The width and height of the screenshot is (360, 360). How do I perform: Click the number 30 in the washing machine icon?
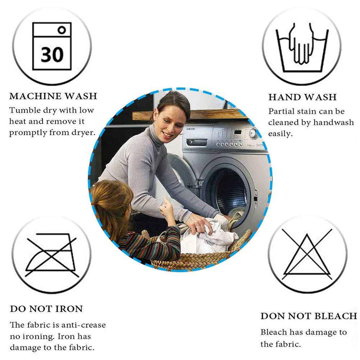[x=52, y=54]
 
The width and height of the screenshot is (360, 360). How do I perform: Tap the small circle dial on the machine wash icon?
[x=62, y=30]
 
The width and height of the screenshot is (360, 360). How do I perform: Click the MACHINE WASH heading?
[x=53, y=96]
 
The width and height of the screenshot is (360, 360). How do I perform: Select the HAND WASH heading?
[x=302, y=97]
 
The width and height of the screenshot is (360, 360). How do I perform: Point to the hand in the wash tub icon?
[x=301, y=45]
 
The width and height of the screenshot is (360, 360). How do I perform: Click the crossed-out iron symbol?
[x=51, y=254]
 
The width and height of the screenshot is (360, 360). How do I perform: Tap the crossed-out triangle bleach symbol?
[x=307, y=254]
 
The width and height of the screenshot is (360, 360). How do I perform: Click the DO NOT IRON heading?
[x=46, y=309]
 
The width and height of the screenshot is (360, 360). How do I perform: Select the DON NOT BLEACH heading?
[x=308, y=316]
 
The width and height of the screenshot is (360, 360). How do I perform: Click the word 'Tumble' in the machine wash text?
[x=21, y=110]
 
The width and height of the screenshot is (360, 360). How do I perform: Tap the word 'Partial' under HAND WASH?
[x=281, y=111]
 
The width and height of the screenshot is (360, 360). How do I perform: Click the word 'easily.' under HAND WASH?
[x=280, y=133]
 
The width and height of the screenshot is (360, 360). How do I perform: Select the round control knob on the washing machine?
[x=254, y=133]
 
